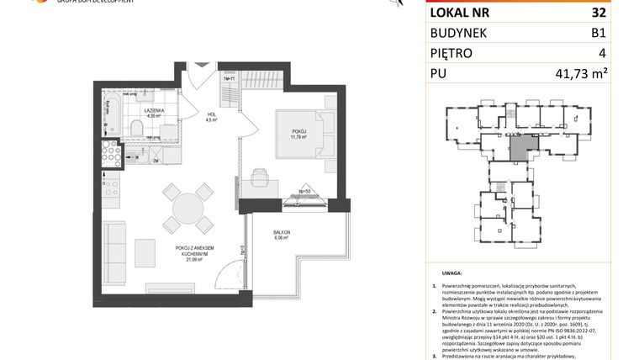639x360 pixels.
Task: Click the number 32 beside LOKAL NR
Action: [598, 13]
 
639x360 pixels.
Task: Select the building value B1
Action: [598, 33]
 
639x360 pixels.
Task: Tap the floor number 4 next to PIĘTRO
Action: [602, 53]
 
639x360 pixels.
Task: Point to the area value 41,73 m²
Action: [580, 74]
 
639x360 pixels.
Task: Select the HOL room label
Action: [212, 117]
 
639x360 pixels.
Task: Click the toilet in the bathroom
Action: [136, 128]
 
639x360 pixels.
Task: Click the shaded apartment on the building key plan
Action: [521, 150]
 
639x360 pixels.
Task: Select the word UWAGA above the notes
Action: [451, 273]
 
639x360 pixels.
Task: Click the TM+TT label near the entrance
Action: [229, 78]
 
